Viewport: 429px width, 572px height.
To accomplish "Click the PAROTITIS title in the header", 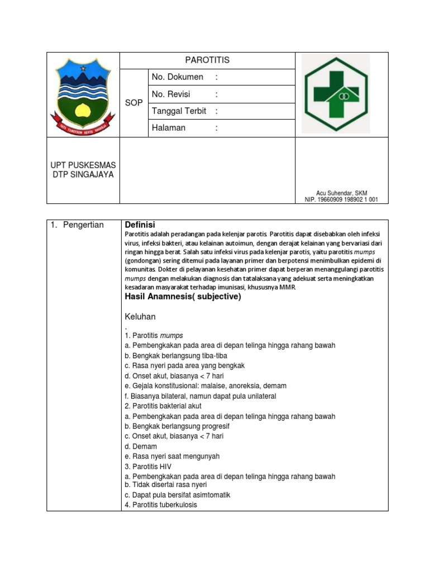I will pos(207,60).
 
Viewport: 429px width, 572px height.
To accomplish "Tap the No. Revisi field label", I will pos(172,94).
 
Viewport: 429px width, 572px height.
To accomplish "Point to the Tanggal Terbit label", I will pos(179,111).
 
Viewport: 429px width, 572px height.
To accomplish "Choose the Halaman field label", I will pos(168,127).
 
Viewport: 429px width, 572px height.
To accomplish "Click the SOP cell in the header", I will pos(134,103).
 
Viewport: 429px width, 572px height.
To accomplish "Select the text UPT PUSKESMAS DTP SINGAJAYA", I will pos(83,170).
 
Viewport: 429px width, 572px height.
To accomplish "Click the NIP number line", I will pos(341,199).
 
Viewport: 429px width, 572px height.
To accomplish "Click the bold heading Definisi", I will pos(140,225).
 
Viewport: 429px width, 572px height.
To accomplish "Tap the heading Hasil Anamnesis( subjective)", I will pos(183,297).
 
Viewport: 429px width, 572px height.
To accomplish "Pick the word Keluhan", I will pos(140,317).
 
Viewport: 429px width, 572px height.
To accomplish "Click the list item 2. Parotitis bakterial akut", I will pos(163,406).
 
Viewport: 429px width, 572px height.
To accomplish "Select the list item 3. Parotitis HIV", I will pos(148,466).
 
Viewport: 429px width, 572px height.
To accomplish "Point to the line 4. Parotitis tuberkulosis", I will pos(161,505).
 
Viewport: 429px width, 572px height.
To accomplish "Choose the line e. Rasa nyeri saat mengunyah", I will pos(172,456).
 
